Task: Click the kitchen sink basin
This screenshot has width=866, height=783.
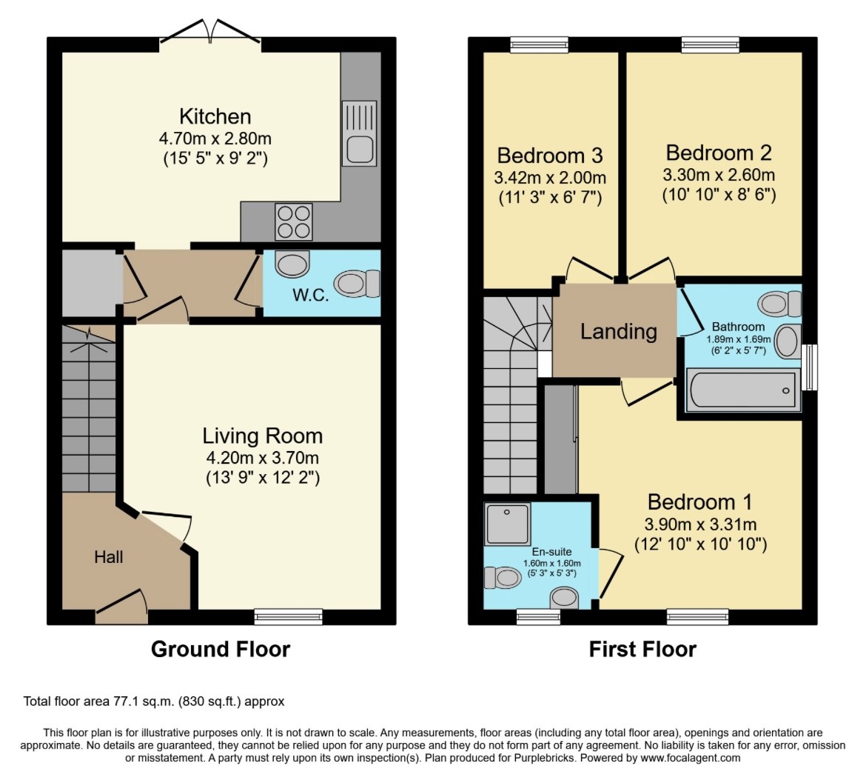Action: [x=360, y=149]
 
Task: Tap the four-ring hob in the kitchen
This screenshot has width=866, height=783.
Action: [x=294, y=221]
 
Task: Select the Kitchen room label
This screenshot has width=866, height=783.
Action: [x=215, y=116]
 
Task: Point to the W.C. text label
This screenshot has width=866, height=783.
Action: [x=310, y=295]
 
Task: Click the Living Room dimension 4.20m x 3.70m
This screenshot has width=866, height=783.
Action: [x=262, y=458]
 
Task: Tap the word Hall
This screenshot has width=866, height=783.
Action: [x=108, y=557]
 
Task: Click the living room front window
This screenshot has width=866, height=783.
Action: [x=289, y=616]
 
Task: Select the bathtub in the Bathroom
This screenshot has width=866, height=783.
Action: [x=743, y=390]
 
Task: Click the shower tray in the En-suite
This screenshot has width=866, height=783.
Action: [x=507, y=523]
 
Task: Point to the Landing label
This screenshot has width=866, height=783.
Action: [x=619, y=331]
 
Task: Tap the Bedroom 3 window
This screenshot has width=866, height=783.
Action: [x=539, y=44]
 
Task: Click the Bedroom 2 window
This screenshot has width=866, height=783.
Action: [x=711, y=44]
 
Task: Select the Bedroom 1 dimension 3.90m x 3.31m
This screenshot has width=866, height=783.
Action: [x=700, y=524]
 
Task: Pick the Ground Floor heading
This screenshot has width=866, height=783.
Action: [x=221, y=649]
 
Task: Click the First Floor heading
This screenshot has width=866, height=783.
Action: [x=642, y=649]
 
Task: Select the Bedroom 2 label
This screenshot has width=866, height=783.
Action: [x=719, y=153]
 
